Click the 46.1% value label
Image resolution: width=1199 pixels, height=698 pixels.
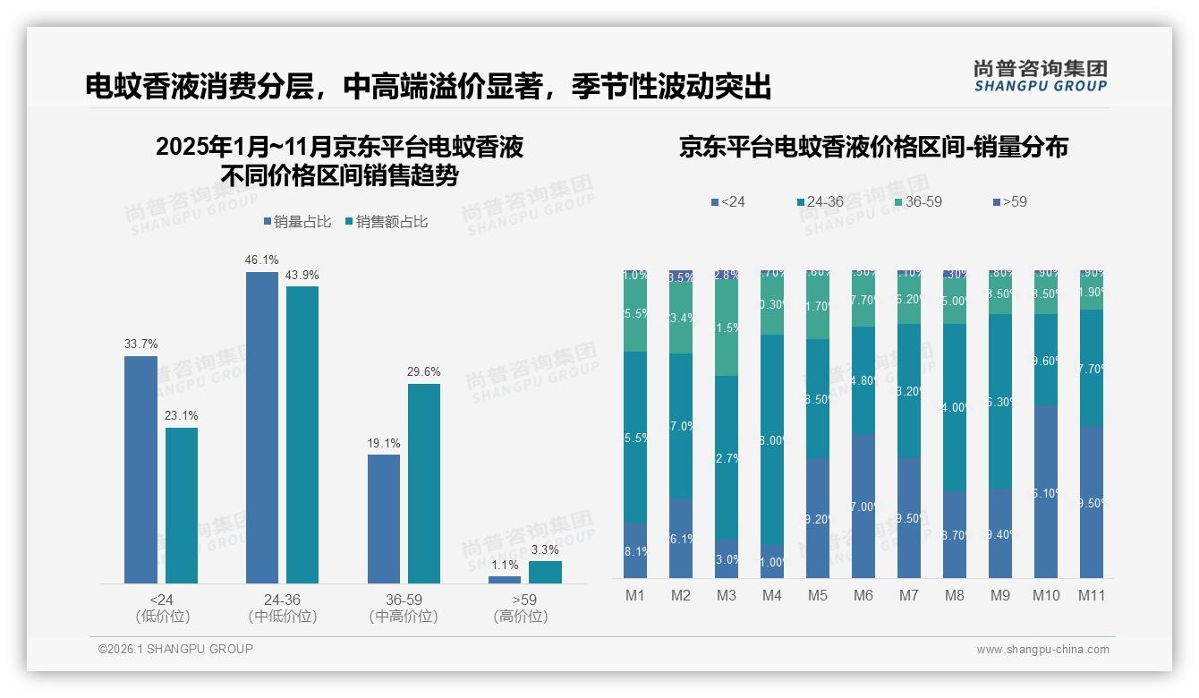[x=261, y=260]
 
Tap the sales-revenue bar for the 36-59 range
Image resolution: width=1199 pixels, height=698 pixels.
[x=423, y=483]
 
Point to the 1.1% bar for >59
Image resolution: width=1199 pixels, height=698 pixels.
[x=505, y=580]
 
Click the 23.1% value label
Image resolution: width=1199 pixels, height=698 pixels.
[x=181, y=416]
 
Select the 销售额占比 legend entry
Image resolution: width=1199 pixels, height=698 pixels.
[x=386, y=222]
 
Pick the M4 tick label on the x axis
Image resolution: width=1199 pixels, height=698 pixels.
[x=772, y=595]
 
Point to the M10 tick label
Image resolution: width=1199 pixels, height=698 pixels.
[x=1046, y=595]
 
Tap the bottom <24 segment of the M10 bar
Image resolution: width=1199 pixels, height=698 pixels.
[x=1046, y=491]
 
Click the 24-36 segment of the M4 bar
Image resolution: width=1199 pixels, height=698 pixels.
[x=772, y=440]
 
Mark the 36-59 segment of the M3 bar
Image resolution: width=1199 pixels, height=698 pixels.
[x=727, y=328]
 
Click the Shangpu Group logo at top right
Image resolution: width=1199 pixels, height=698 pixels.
[x=1040, y=75]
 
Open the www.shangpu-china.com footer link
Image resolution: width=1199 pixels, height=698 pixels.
[x=1042, y=650]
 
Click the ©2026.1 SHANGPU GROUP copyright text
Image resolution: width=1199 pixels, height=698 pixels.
[x=175, y=649]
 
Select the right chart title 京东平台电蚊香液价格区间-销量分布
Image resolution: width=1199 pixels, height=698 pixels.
[x=873, y=148]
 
